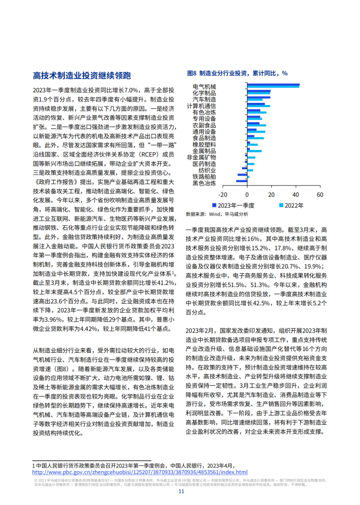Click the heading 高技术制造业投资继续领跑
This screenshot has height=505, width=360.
click(82, 76)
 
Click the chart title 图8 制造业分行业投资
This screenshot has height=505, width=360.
click(237, 74)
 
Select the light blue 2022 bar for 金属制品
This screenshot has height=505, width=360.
click(255, 151)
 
